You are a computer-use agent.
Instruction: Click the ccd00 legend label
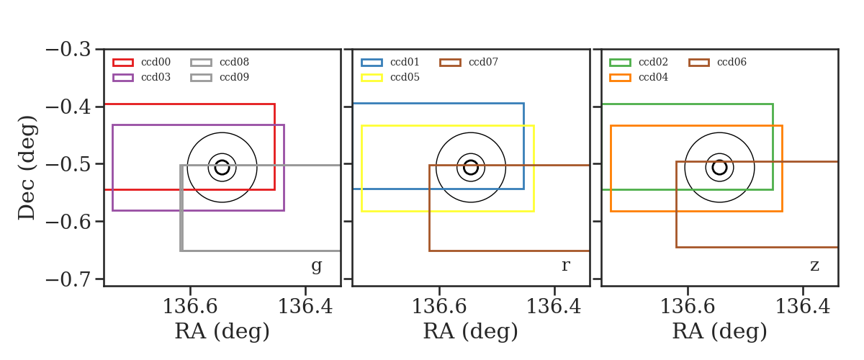tap(156, 62)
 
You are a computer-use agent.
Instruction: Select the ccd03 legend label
tap(156, 77)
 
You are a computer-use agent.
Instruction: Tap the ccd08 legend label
tap(234, 62)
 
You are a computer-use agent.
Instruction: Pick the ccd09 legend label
tap(234, 77)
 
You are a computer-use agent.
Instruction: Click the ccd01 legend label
tap(405, 62)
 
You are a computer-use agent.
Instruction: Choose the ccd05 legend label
tap(405, 77)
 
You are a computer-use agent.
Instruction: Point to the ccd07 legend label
tap(483, 62)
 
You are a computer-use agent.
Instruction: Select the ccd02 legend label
tap(653, 62)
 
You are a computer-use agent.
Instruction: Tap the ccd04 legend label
tap(653, 77)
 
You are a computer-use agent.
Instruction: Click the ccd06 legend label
tap(732, 62)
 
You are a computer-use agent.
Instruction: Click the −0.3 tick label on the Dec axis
tap(68, 50)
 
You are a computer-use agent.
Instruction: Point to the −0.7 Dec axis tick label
tap(68, 279)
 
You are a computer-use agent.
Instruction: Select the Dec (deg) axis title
tap(27, 168)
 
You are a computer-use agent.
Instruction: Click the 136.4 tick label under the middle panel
tap(554, 307)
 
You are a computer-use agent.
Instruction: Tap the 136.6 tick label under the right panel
tap(688, 307)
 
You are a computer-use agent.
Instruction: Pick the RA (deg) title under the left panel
tap(222, 331)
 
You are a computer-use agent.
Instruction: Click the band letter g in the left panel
tap(316, 266)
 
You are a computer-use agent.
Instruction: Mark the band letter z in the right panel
tap(814, 266)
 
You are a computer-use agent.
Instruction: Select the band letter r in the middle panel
tap(565, 266)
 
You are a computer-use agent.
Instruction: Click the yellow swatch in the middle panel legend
tap(372, 78)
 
